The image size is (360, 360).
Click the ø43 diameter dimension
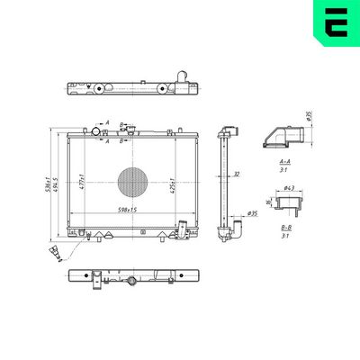pos(289,187)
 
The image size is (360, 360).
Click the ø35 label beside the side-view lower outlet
pos(252,214)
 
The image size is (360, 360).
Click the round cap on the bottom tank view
pos(132,282)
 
